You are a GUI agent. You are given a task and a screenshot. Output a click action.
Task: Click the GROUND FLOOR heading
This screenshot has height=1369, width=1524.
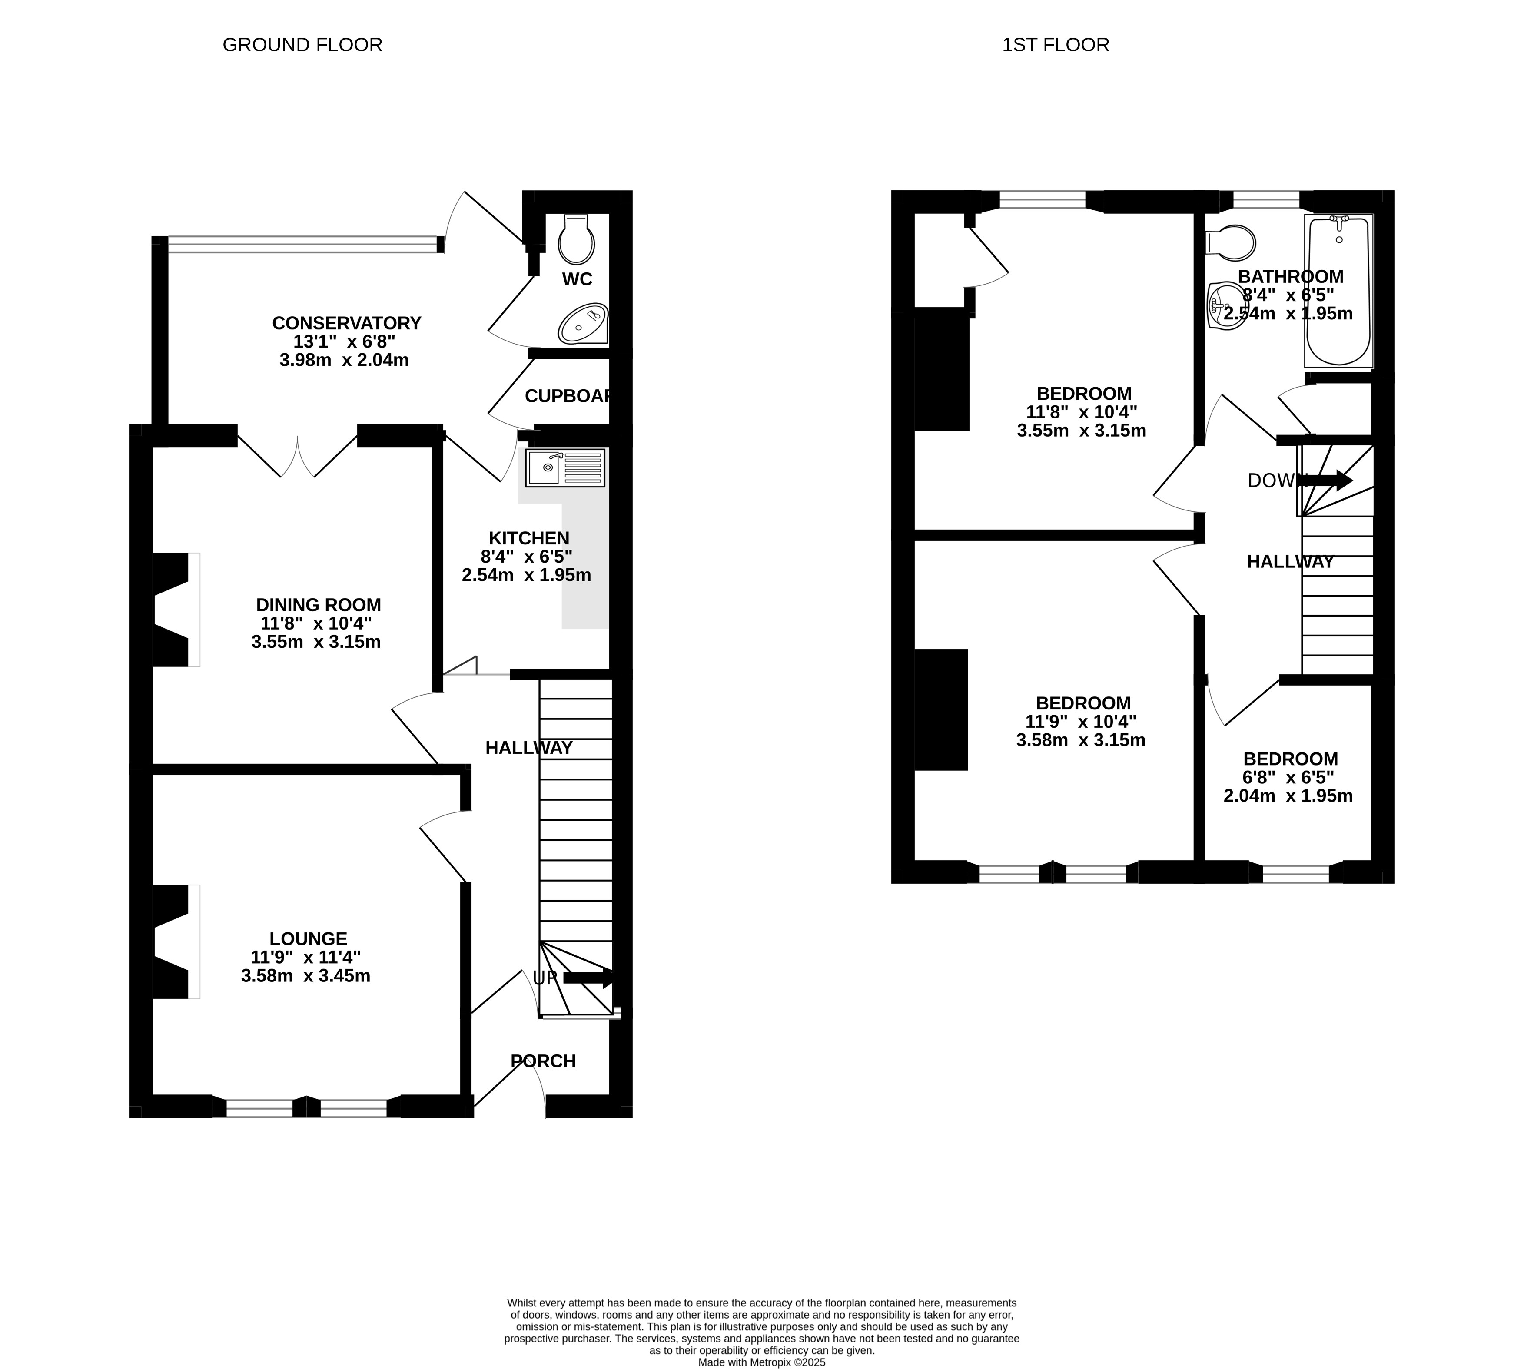[302, 45]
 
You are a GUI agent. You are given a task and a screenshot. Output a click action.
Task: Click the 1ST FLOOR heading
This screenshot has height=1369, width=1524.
[1056, 45]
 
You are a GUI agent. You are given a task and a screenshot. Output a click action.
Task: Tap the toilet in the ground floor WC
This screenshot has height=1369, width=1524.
[576, 240]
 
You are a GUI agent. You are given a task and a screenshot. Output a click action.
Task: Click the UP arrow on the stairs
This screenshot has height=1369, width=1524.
[588, 978]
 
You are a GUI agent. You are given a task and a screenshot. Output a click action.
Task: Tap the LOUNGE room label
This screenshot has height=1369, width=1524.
[309, 939]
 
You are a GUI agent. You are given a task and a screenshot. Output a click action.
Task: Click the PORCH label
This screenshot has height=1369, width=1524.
[543, 1061]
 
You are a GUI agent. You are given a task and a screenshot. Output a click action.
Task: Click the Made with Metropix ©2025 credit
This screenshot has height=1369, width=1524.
[762, 1362]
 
